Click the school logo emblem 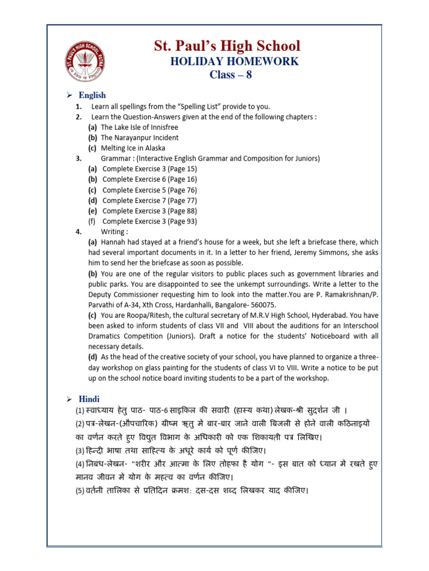[x=85, y=61]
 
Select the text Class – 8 [x=231, y=75]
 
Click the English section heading [x=92, y=95]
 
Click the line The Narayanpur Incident [x=140, y=138]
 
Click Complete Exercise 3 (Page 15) [x=149, y=169]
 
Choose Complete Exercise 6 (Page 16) [x=149, y=180]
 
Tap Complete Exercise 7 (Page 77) [x=149, y=201]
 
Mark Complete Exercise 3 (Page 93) [x=149, y=221]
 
